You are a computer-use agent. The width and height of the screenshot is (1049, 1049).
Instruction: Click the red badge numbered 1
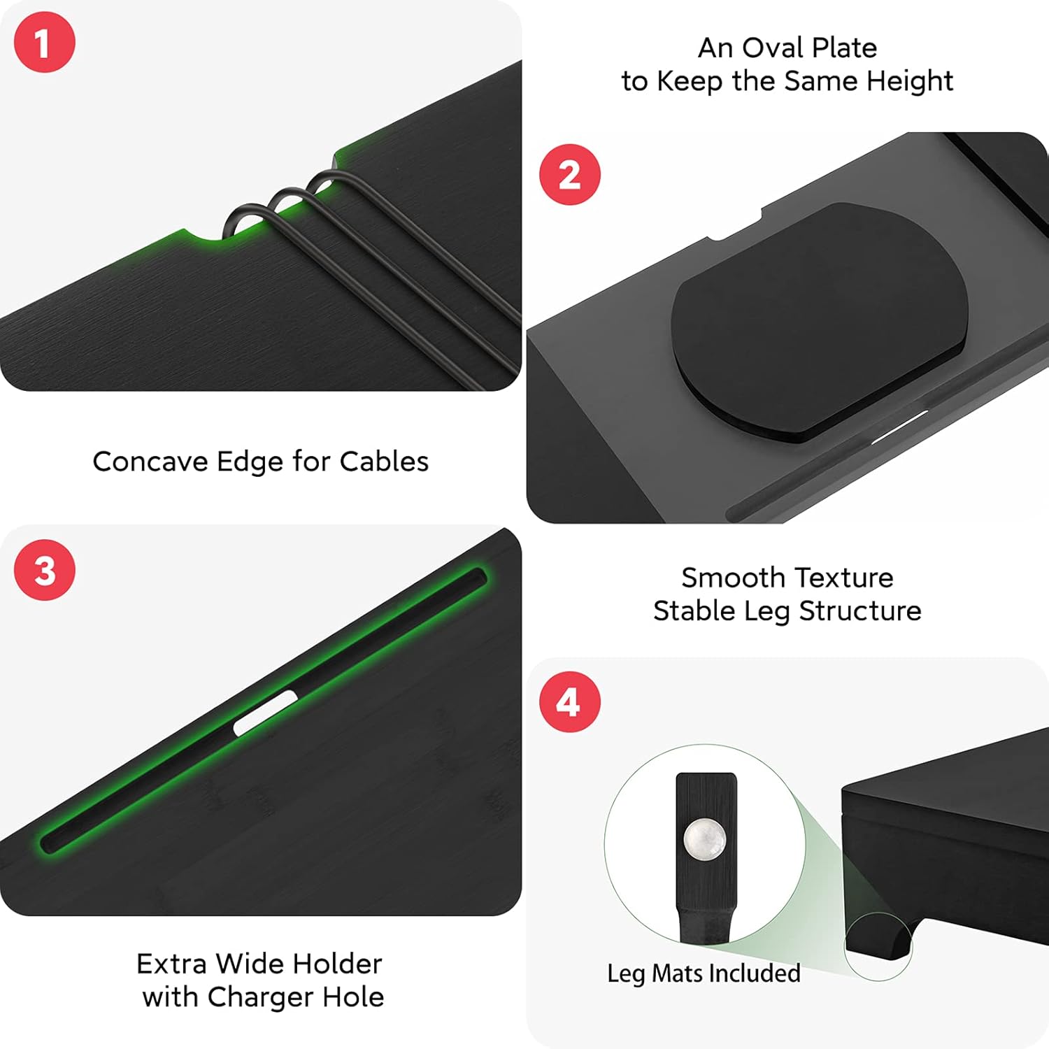pos(44,42)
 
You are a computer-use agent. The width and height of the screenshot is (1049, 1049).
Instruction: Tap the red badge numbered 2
pos(570,174)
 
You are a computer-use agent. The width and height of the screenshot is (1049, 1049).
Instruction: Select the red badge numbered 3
pos(44,570)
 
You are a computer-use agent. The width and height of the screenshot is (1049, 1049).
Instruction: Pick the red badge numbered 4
pos(570,701)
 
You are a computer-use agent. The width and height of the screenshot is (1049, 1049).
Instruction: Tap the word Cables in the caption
pos(384,462)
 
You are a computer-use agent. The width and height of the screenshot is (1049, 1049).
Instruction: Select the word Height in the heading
pos(910,82)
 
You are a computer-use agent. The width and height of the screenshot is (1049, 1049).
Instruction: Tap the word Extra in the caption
pos(171,964)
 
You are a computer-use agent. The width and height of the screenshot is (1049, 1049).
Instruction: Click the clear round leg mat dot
pos(705,839)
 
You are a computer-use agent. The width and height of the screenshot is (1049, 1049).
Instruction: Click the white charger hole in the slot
pos(265,713)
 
